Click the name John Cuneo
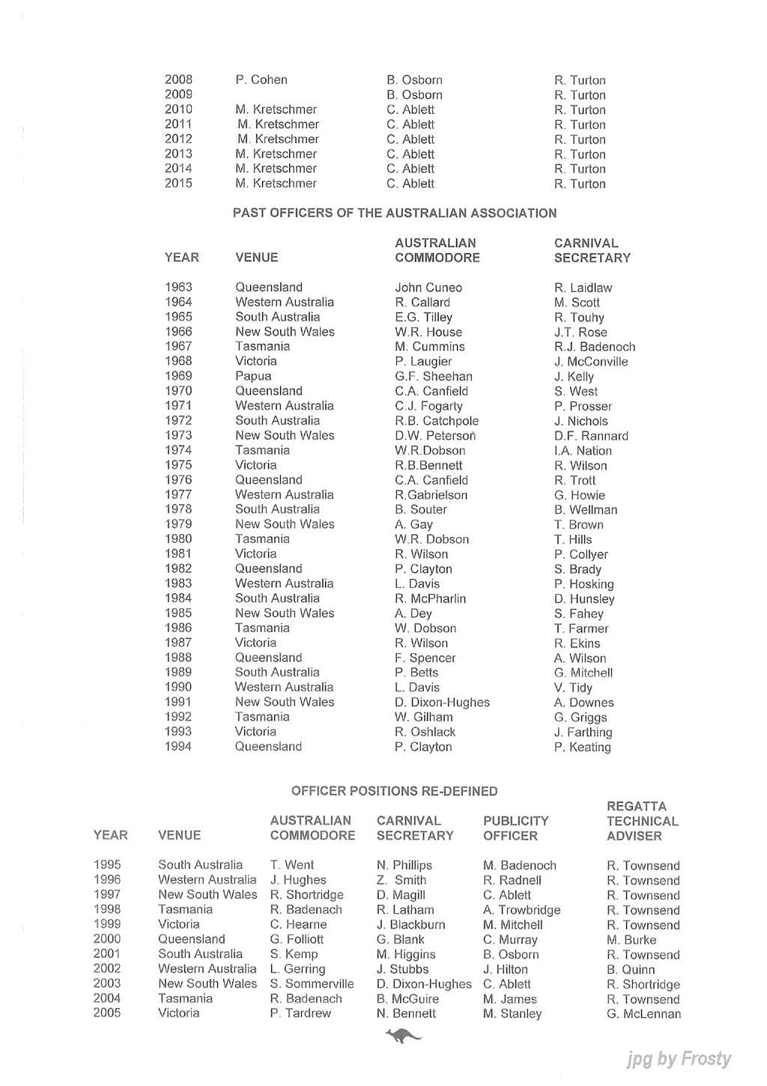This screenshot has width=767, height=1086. click(x=428, y=288)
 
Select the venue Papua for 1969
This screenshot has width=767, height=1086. click(x=253, y=376)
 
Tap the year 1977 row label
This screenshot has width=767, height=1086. click(x=178, y=494)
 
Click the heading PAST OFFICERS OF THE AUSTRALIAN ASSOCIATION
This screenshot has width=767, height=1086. click(x=395, y=213)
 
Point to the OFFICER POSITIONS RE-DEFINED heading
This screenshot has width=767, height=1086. click(x=394, y=791)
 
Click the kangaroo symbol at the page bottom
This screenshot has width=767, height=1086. click(x=403, y=1036)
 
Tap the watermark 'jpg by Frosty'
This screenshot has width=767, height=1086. click(x=679, y=1058)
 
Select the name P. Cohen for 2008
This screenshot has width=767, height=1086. click(x=261, y=80)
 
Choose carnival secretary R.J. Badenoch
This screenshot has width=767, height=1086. click(x=595, y=347)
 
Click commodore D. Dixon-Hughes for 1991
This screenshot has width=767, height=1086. click(x=442, y=703)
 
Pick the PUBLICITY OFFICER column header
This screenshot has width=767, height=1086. click(x=515, y=828)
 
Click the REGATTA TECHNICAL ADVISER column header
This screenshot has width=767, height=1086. click(x=642, y=821)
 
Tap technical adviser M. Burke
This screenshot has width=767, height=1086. click(x=631, y=940)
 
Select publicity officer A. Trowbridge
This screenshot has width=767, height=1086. click(x=521, y=910)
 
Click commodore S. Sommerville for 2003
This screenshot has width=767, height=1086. click(x=312, y=984)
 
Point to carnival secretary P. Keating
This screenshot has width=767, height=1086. click(x=582, y=747)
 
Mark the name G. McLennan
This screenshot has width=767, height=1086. click(x=643, y=1014)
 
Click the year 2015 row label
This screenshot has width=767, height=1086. click(x=178, y=183)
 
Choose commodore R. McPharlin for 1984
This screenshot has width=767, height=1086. click(x=430, y=598)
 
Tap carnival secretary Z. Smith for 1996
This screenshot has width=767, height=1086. click(x=401, y=880)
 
